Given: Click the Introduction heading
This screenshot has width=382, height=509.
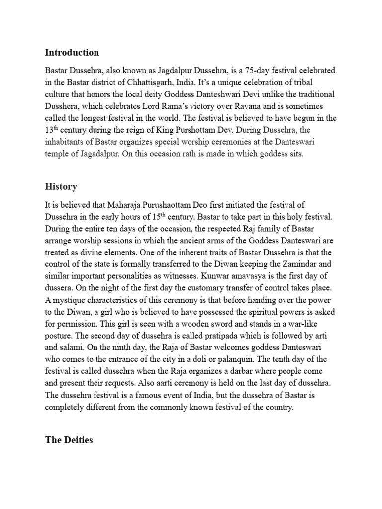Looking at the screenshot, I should pyautogui.click(x=72, y=52).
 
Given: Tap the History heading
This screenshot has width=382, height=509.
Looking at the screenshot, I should pyautogui.click(x=61, y=187).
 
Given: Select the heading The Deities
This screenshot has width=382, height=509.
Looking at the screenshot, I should pyautogui.click(x=69, y=440).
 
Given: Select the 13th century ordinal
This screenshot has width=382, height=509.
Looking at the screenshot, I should pyautogui.click(x=51, y=130).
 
